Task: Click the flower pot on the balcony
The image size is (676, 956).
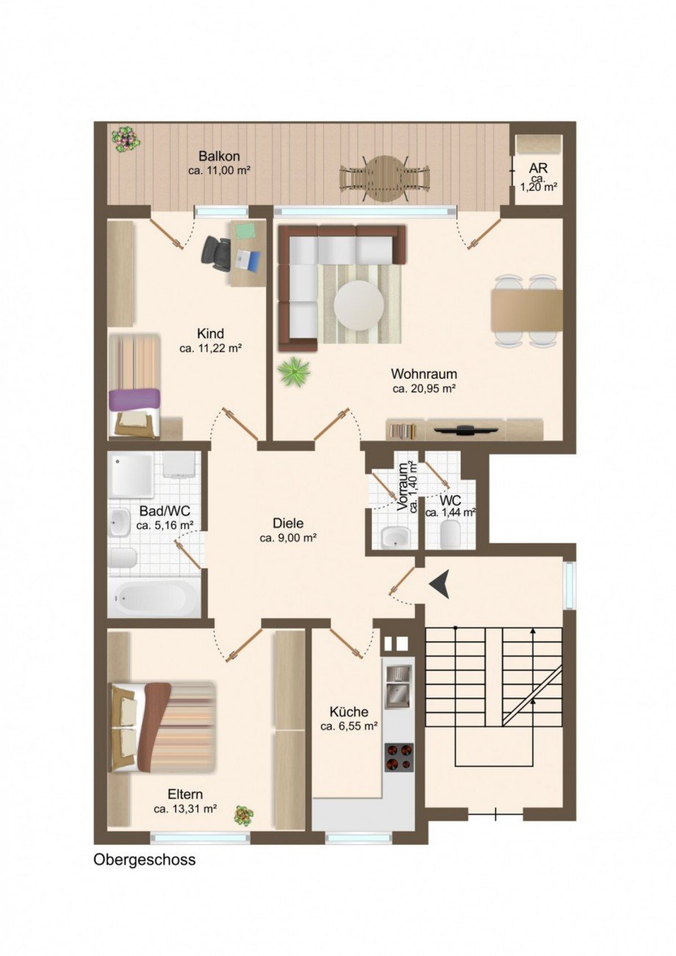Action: (126, 138)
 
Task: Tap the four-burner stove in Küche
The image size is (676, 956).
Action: (399, 756)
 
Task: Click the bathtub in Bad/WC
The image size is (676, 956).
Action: (154, 598)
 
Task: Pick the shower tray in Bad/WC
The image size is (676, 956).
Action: (132, 474)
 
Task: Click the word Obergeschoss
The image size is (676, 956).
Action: (145, 860)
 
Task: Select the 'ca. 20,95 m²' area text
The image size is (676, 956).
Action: (425, 388)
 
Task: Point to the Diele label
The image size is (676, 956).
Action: (288, 524)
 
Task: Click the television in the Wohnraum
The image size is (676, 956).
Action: (465, 428)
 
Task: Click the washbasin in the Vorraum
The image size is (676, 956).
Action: (395, 537)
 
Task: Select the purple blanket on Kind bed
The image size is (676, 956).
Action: (134, 399)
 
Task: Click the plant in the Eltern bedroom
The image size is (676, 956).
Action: (243, 815)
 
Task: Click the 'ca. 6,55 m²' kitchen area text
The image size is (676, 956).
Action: (349, 726)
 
